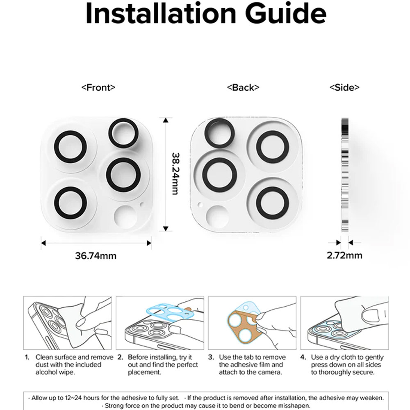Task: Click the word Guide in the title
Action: [285, 13]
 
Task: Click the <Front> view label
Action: [98, 87]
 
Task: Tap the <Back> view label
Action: [243, 87]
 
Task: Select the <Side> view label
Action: [344, 87]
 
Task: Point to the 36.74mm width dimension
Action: [96, 255]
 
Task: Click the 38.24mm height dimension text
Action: [175, 173]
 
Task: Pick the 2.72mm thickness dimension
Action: [344, 255]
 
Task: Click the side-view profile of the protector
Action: [345, 175]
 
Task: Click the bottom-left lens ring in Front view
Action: [55, 203]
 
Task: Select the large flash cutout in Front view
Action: [126, 217]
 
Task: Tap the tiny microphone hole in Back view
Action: [200, 205]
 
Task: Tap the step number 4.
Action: [303, 357]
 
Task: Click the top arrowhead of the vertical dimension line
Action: [166, 120]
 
